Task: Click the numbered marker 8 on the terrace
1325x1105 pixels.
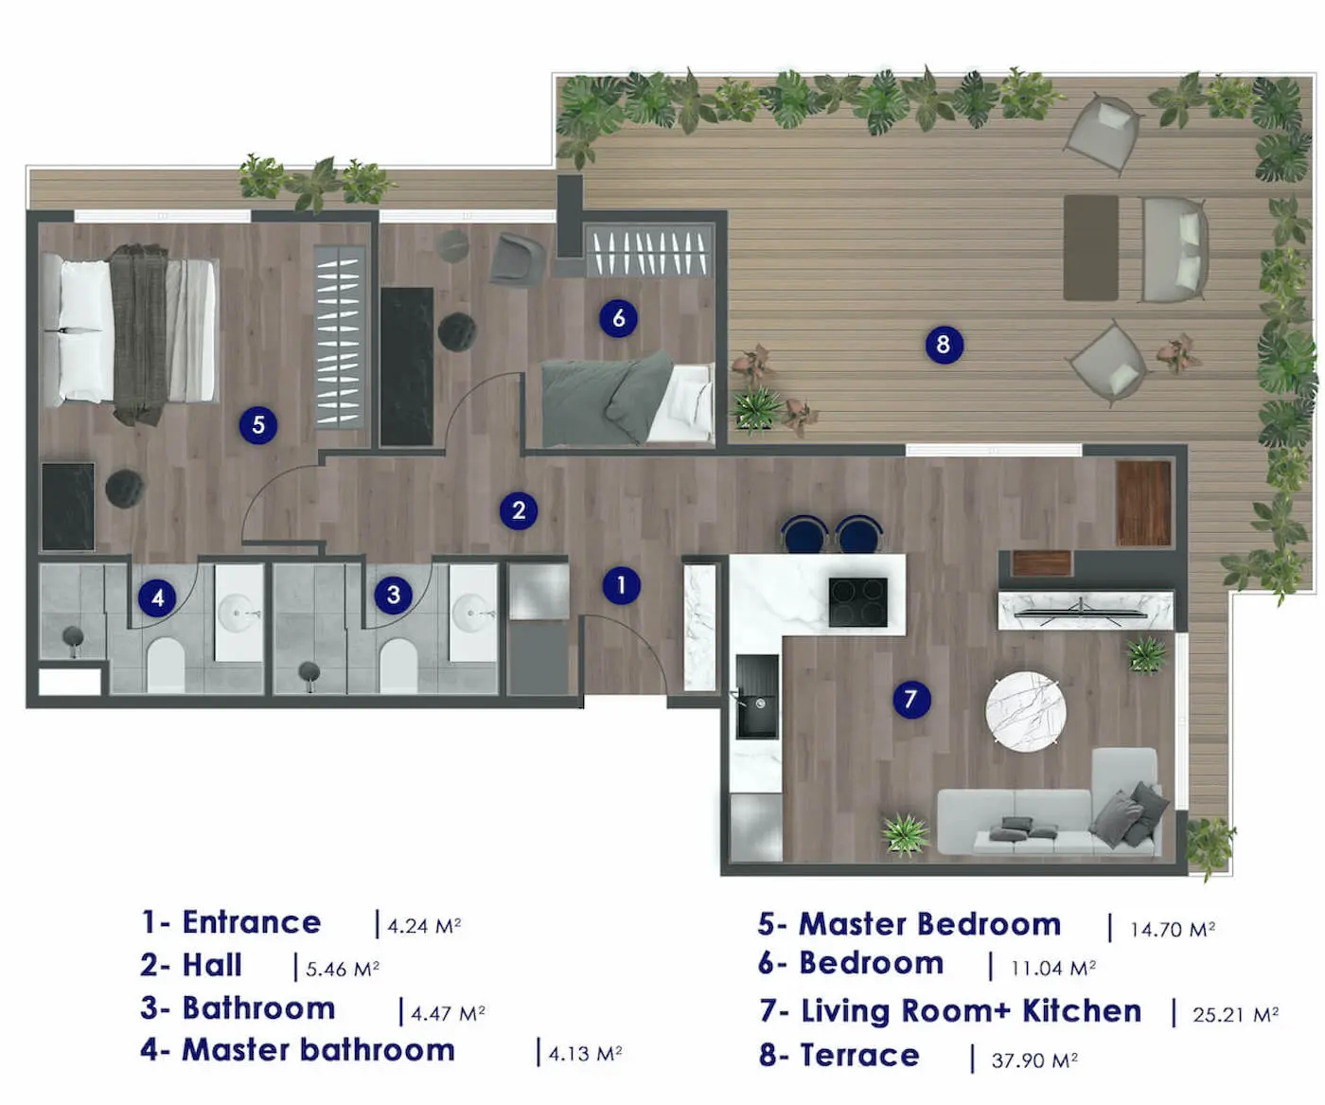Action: point(943,344)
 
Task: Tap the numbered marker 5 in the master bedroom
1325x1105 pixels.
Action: point(258,425)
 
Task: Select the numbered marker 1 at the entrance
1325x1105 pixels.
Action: point(621,585)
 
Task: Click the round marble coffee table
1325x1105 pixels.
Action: point(1026,711)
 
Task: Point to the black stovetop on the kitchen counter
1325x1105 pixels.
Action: point(858,601)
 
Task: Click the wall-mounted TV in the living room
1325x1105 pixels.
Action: point(1085,612)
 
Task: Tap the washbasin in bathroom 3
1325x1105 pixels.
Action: point(472,614)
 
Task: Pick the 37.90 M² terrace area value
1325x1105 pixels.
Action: point(1033,1060)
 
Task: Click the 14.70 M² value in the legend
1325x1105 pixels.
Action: point(1172,930)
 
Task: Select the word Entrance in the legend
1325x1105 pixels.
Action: point(251,922)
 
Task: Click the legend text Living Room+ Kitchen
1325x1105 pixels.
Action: point(971,1011)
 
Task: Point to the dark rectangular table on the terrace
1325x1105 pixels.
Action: point(1090,247)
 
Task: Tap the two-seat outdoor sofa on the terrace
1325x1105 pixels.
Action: point(1174,249)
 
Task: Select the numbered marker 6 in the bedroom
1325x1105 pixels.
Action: point(618,318)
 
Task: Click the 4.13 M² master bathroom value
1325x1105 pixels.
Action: point(585,1054)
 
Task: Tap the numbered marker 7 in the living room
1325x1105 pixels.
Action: point(910,700)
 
